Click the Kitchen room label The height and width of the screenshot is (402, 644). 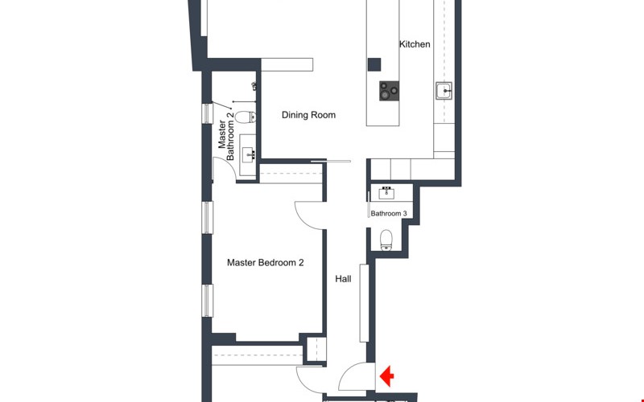(415, 44)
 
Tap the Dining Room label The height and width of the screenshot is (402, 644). (308, 115)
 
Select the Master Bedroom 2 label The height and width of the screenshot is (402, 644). (266, 263)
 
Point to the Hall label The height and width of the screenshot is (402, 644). (343, 279)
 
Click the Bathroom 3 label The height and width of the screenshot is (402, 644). (389, 214)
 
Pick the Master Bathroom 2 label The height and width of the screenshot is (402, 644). (226, 137)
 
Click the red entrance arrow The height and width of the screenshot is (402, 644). (386, 376)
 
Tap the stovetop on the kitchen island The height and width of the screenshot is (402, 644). (389, 91)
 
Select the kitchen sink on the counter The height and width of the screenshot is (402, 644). (444, 91)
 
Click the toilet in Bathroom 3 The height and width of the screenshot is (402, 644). (386, 240)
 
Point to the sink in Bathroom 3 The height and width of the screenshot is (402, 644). (386, 192)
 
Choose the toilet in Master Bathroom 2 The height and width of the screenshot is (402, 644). (246, 117)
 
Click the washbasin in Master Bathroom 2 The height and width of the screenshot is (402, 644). (249, 154)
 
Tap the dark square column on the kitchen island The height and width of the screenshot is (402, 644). (374, 65)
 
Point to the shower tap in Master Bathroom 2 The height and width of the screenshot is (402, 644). (254, 86)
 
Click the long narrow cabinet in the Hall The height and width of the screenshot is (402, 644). (364, 303)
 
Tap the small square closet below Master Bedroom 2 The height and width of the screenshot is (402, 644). (316, 350)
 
